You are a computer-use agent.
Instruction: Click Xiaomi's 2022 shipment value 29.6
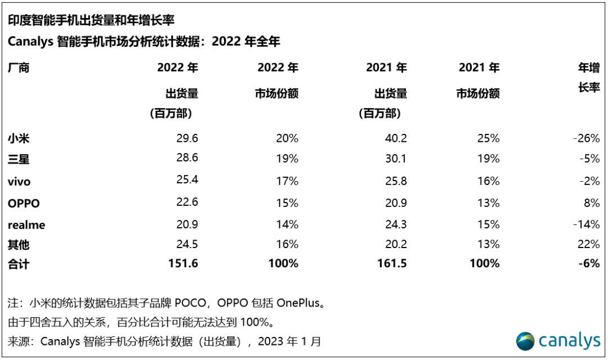[186, 138]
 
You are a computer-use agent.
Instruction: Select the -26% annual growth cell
[586, 138]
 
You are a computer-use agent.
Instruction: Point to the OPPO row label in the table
[24, 202]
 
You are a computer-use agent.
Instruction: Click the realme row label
[26, 224]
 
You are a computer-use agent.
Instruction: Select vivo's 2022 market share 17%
[287, 181]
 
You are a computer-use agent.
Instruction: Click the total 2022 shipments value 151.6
[182, 263]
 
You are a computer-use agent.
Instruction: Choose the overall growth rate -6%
[589, 263]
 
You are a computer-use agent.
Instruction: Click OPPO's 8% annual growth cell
[592, 202]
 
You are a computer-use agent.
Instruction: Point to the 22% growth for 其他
[589, 245]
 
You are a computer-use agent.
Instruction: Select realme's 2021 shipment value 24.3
[395, 224]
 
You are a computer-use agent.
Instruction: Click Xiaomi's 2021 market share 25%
[488, 138]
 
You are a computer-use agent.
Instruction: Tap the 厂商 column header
[19, 68]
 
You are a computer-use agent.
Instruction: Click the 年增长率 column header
[589, 78]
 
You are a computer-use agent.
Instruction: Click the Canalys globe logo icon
[526, 340]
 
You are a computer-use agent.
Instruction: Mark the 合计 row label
[19, 263]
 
